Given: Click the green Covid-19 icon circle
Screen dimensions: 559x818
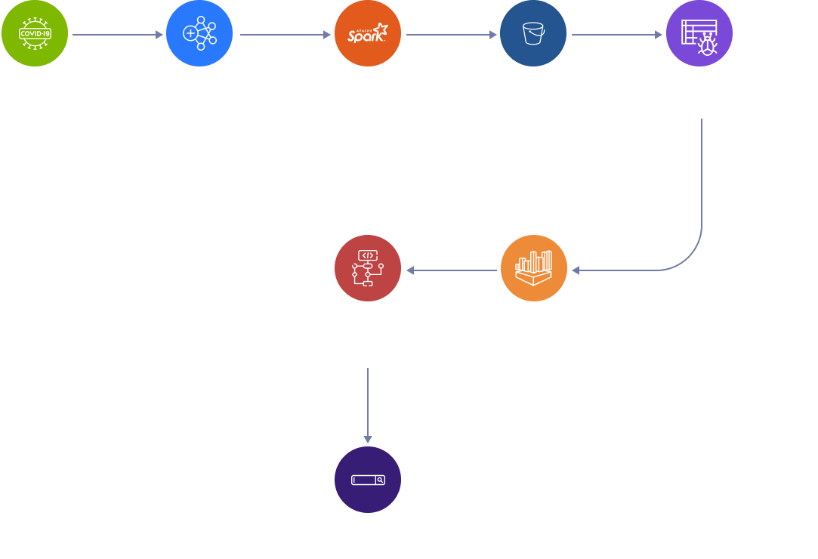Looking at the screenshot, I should click(x=35, y=34).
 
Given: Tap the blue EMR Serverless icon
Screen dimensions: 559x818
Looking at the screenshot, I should click(x=199, y=34).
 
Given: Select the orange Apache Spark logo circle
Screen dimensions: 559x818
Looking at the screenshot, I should click(x=367, y=34).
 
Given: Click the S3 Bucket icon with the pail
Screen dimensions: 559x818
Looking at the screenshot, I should click(x=533, y=34).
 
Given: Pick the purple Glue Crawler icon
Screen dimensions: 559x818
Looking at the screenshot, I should click(x=699, y=34).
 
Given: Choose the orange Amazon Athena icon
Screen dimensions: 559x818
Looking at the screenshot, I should click(x=533, y=268).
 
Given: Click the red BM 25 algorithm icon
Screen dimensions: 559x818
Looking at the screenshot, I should click(x=367, y=268).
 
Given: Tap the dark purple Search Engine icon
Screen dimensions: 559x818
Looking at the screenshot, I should click(x=367, y=480).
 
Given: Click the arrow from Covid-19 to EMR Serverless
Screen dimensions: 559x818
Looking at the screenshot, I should click(x=118, y=35).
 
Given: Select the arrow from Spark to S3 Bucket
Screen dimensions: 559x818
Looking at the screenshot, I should click(x=452, y=35).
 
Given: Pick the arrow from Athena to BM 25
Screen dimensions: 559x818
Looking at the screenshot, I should click(x=450, y=270).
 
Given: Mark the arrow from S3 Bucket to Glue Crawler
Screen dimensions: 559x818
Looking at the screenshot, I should click(x=616, y=35).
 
